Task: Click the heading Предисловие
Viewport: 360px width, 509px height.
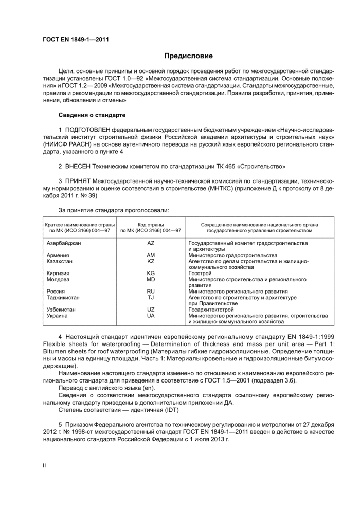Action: tap(188, 56)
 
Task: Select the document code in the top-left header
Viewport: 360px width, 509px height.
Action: tap(76, 39)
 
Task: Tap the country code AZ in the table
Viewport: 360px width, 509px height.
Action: tap(151, 242)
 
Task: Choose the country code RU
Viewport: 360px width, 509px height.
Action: tap(151, 291)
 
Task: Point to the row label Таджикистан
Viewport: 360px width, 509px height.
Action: tap(63, 297)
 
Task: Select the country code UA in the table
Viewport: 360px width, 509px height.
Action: tap(151, 316)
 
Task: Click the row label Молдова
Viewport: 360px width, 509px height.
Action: tap(58, 280)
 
